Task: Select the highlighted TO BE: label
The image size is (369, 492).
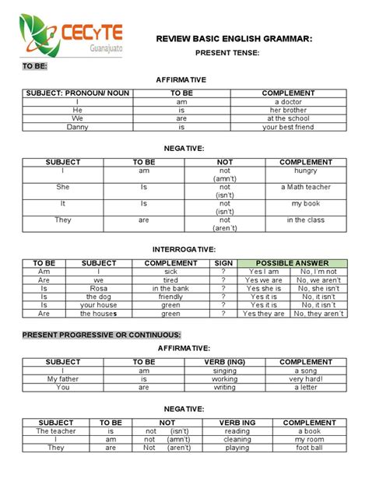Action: pos(34,67)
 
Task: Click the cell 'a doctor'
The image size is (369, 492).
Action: pos(287,102)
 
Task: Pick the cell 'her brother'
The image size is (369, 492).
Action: pos(287,111)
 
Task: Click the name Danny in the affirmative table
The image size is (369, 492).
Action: pos(78,127)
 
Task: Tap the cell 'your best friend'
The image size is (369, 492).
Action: pos(287,127)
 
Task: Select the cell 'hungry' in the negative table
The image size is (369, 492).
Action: pos(305,170)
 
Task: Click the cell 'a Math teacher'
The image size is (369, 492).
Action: pos(305,187)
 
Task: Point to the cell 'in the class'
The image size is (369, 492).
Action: pos(305,220)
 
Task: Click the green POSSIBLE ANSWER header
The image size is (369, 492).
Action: pos(292,263)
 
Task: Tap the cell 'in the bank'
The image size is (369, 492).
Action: pos(170,288)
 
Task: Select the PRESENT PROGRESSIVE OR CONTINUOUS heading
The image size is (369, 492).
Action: pos(101,335)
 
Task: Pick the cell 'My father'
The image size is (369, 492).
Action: pos(63,378)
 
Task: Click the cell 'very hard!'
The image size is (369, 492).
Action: pos(306,378)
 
